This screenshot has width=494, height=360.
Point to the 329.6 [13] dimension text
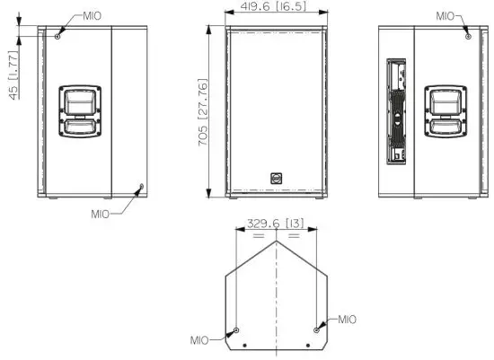[x=276, y=222]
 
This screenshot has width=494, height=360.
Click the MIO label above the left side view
[x=92, y=16]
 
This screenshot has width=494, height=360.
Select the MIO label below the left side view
[x=101, y=214]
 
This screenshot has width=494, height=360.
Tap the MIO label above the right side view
[x=446, y=15]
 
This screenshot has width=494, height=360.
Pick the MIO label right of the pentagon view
[x=347, y=320]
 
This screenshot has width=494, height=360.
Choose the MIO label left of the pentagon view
[x=200, y=340]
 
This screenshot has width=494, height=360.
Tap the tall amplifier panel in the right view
[x=394, y=113]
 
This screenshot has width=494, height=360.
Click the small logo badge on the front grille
[x=276, y=178]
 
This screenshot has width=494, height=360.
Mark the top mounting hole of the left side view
[x=58, y=35]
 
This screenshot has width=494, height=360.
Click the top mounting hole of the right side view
[x=467, y=35]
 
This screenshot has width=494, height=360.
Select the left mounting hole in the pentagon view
[x=236, y=329]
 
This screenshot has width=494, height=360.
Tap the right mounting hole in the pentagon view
[x=316, y=329]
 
